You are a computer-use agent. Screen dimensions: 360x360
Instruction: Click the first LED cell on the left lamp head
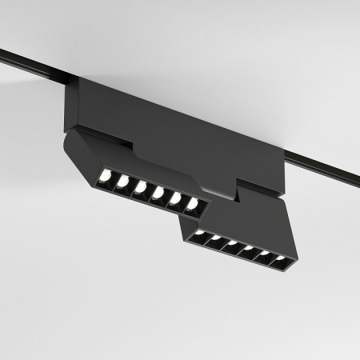click(x=105, y=176)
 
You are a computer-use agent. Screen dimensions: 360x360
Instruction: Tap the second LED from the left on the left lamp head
click(x=122, y=182)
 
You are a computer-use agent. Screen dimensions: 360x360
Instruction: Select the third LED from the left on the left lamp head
click(x=140, y=187)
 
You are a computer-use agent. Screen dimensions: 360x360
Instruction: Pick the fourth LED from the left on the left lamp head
click(x=158, y=193)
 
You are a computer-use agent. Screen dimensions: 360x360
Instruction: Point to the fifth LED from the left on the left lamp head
click(x=175, y=198)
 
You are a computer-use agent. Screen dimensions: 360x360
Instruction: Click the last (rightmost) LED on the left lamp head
click(x=192, y=204)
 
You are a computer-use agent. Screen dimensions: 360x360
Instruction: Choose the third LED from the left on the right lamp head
click(x=232, y=246)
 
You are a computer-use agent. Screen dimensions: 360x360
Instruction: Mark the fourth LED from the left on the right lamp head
click(x=249, y=250)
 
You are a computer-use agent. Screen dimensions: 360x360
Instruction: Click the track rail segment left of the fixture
click(x=32, y=63)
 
